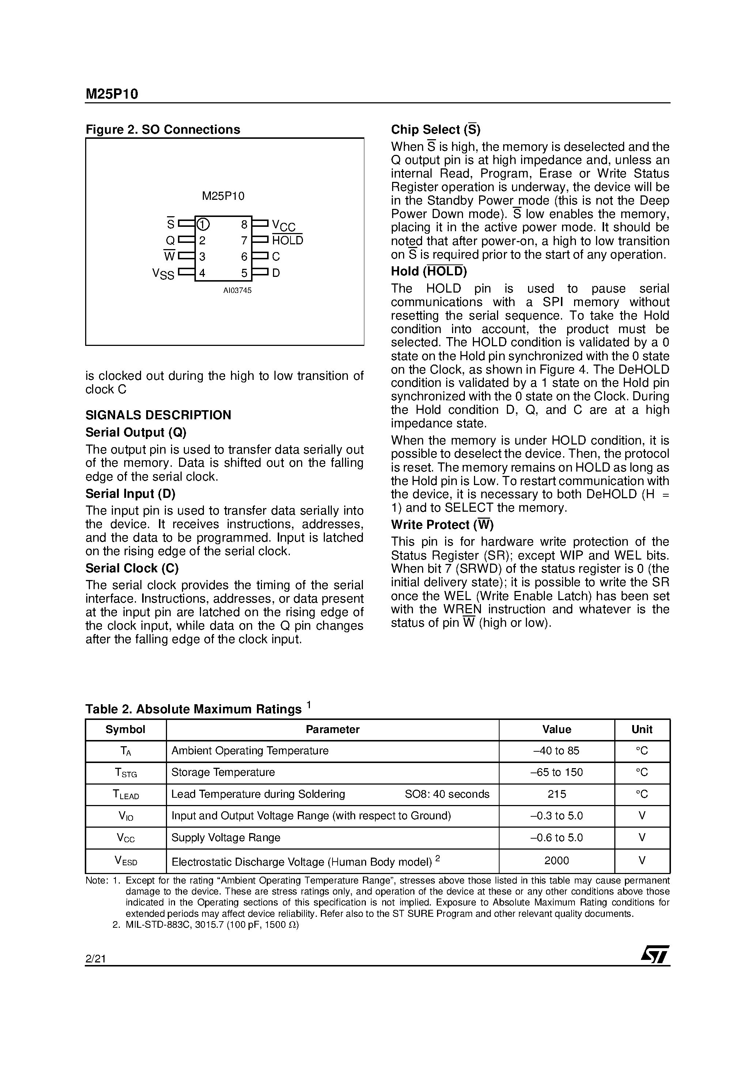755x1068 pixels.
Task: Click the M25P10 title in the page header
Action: pyautogui.click(x=112, y=95)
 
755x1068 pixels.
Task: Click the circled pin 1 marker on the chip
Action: pyautogui.click(x=203, y=225)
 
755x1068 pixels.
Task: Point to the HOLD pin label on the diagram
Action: pyautogui.click(x=287, y=240)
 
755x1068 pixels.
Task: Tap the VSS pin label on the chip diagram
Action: pyautogui.click(x=163, y=274)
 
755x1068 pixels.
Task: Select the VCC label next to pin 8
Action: pyautogui.click(x=284, y=226)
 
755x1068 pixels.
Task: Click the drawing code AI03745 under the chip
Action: pyautogui.click(x=237, y=290)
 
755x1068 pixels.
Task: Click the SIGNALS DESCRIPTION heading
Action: pyautogui.click(x=158, y=415)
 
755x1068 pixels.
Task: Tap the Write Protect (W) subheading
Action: pyautogui.click(x=442, y=525)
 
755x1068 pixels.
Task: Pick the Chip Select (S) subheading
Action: pyautogui.click(x=435, y=129)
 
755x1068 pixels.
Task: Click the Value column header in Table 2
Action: pyautogui.click(x=556, y=729)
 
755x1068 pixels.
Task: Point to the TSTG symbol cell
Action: pyautogui.click(x=126, y=773)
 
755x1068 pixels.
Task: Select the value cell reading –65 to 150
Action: pyautogui.click(x=556, y=772)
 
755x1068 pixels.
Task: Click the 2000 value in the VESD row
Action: pyautogui.click(x=556, y=861)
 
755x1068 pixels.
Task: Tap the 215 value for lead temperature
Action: pyautogui.click(x=556, y=794)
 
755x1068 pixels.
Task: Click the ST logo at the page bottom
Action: pyautogui.click(x=655, y=955)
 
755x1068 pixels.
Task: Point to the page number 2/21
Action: pyautogui.click(x=95, y=959)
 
